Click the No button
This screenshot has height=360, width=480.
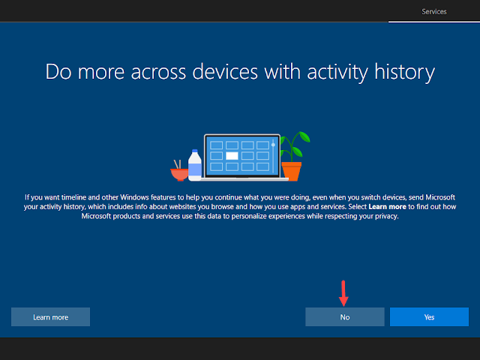345,316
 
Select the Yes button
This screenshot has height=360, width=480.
429,316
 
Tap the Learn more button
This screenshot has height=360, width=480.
50,316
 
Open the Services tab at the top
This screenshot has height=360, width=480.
434,12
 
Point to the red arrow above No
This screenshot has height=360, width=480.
343,293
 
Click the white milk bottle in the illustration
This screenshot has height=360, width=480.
195,165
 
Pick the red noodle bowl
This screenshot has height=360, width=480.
179,175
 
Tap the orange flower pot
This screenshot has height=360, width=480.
292,172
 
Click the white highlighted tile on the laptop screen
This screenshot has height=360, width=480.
232,156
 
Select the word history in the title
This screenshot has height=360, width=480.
404,72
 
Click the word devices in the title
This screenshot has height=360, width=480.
225,72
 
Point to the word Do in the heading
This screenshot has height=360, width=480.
58,72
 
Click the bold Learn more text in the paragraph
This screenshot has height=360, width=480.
387,207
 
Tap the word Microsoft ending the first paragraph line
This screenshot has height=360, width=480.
440,197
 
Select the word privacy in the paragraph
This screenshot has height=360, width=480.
387,217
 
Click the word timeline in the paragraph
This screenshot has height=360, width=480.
73,197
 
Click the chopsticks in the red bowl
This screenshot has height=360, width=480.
177,164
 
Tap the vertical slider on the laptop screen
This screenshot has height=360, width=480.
273,156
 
